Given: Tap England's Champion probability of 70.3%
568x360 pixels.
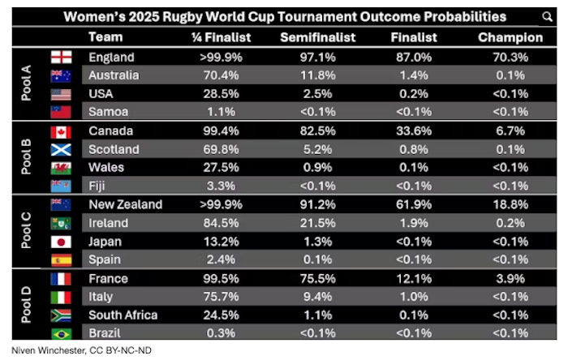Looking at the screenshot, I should point(510,57).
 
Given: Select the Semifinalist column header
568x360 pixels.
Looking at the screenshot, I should point(312,37).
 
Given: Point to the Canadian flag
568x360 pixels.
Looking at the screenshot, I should point(61,131).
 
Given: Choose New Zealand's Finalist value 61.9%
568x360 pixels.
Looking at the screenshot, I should point(413,204).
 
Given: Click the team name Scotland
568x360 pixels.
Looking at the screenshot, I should point(114,149).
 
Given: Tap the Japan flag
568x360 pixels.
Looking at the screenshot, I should point(61,242).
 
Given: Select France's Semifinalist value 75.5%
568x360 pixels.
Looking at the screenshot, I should point(312,278).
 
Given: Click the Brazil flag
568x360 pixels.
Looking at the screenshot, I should point(61,333).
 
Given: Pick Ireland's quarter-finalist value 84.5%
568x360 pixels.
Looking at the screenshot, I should point(214,223).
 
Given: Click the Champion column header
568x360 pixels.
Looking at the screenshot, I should point(510,37).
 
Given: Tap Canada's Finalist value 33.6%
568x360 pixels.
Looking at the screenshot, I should point(413,131).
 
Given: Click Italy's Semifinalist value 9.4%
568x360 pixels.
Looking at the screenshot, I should point(312,297).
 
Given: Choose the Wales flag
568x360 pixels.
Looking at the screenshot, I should point(61,168).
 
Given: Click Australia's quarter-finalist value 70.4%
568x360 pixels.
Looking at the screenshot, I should point(214,75).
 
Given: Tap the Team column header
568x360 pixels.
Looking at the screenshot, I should point(105,37).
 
